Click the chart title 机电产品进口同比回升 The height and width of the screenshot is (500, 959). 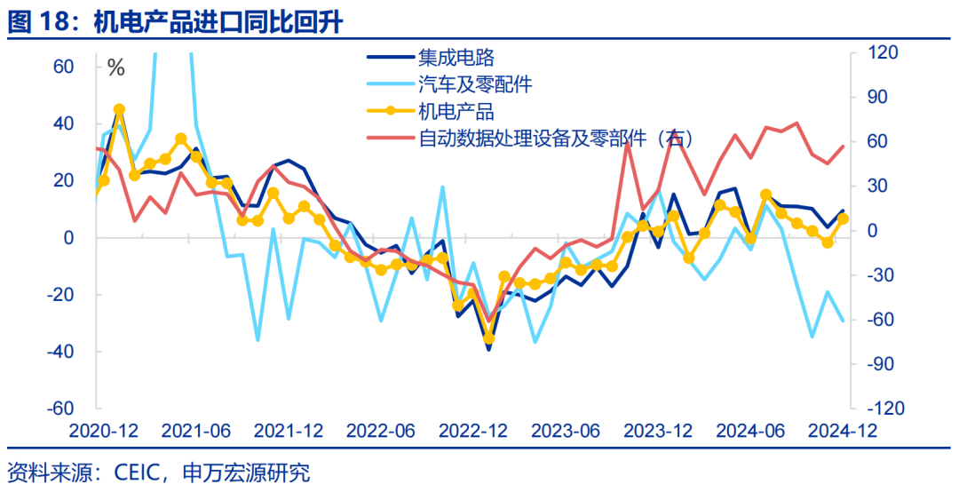218,22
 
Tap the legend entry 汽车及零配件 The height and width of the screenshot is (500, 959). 474,85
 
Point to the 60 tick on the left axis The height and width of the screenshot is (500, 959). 63,67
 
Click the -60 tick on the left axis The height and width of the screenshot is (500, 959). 60,409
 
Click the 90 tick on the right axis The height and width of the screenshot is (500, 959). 881,98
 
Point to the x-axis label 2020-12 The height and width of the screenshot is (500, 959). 104,431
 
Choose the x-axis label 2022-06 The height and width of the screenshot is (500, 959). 380,431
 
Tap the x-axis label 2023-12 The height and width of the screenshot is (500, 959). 657,431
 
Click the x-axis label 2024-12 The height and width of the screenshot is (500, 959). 841,431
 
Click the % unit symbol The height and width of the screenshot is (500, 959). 115,68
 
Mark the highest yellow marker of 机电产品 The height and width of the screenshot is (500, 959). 119,109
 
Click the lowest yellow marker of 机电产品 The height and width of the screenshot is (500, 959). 488,338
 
